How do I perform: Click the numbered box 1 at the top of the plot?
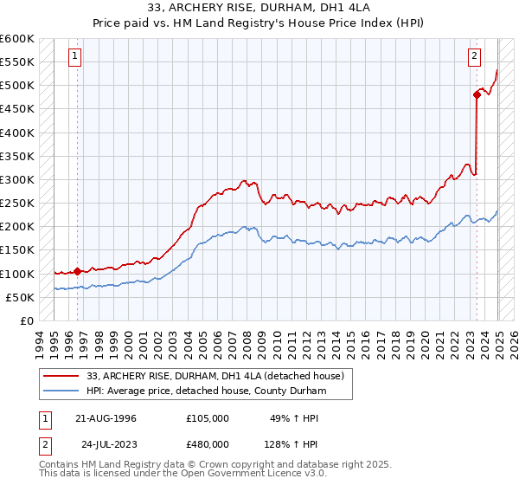coord(75,56)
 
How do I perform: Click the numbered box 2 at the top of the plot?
coord(475,56)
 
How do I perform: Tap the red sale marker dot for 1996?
coord(77,271)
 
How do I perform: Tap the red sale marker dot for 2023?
coord(477,94)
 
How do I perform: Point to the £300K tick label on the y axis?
coord(17,179)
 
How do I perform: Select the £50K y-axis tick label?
coord(20,297)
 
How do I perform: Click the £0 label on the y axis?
coord(28,320)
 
